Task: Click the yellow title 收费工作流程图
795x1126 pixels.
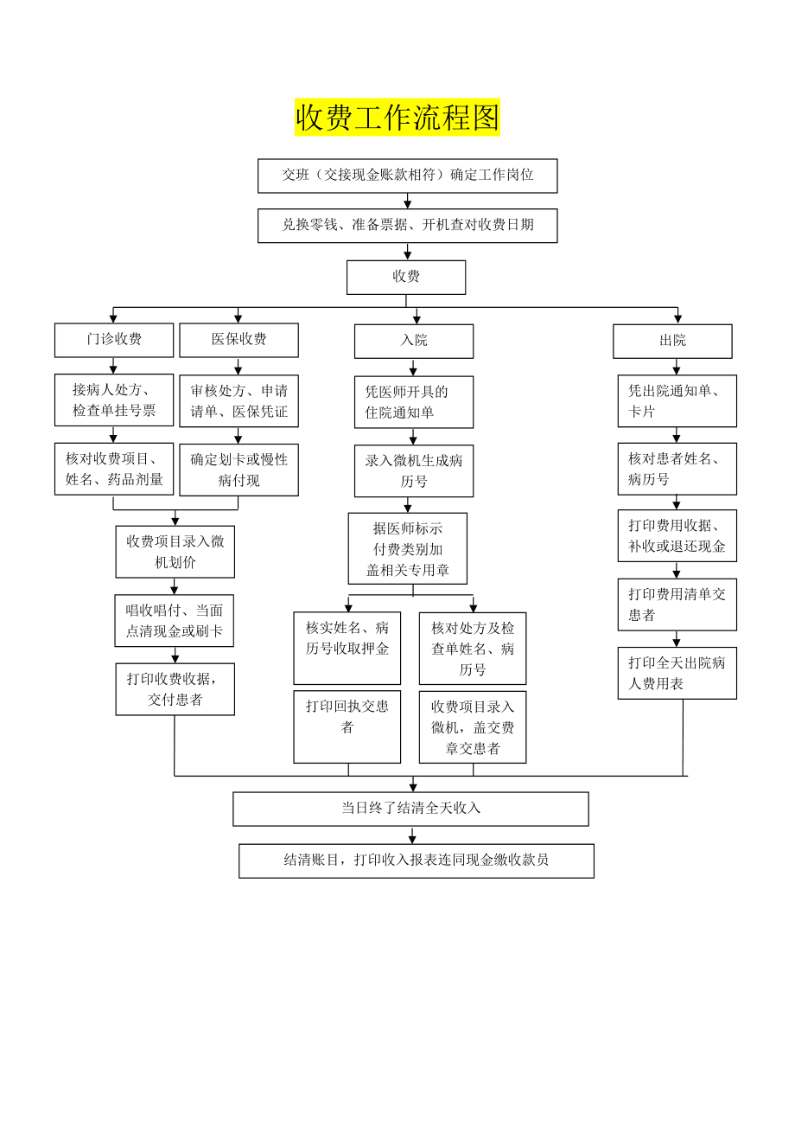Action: (x=397, y=117)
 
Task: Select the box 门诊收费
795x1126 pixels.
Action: (x=114, y=340)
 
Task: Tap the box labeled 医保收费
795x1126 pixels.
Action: (x=239, y=340)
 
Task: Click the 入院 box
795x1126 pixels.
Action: (x=414, y=341)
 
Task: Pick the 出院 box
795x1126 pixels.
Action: (x=672, y=341)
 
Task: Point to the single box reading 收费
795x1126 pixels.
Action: (x=406, y=277)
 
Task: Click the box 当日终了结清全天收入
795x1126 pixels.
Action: (x=410, y=809)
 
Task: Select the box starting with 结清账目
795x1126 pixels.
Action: (x=417, y=860)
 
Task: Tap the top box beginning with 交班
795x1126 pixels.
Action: (x=408, y=176)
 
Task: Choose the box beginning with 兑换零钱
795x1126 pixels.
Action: (x=408, y=226)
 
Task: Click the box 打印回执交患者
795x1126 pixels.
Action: (x=347, y=726)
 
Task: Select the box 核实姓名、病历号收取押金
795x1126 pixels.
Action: (x=347, y=648)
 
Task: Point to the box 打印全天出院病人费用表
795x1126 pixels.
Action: (x=677, y=673)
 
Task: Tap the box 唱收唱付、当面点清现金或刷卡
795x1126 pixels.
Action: (x=175, y=620)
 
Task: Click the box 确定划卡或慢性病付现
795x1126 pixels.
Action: (x=239, y=470)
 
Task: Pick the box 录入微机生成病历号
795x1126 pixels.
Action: (x=414, y=471)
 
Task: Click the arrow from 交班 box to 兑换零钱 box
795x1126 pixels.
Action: (x=408, y=201)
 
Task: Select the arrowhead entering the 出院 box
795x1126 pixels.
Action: (x=678, y=319)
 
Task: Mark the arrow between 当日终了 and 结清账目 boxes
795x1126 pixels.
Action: (x=412, y=835)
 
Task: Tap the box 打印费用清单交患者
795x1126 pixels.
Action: (x=677, y=605)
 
